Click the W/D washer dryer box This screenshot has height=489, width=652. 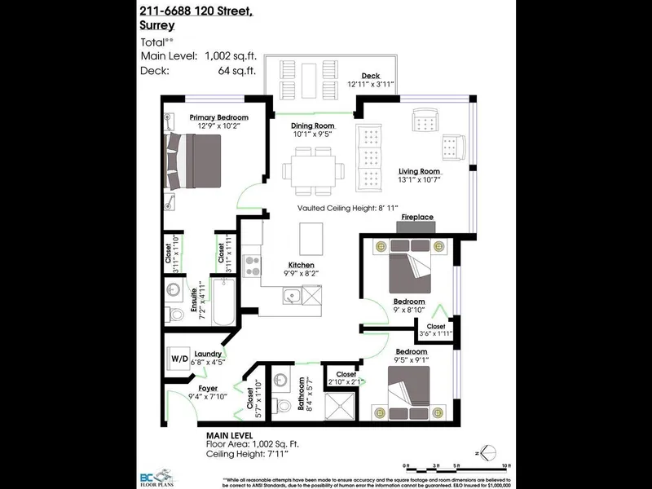click(x=178, y=357)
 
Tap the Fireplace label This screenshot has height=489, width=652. click(x=416, y=218)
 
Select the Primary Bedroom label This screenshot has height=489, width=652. click(x=219, y=117)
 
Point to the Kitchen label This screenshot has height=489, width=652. click(x=301, y=265)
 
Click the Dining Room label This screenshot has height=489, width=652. click(x=312, y=126)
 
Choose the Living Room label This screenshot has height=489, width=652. click(x=419, y=172)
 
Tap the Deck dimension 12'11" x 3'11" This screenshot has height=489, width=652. click(x=371, y=84)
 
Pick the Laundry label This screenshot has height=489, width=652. click(x=209, y=353)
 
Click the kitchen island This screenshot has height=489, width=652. click(x=311, y=237)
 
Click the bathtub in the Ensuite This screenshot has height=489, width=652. click(x=224, y=302)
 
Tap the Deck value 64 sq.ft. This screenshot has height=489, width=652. click(x=240, y=71)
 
